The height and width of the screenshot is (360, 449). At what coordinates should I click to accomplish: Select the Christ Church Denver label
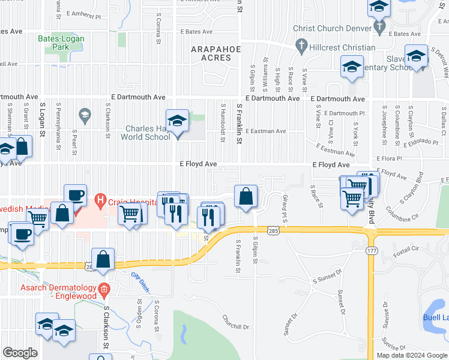click(332, 28)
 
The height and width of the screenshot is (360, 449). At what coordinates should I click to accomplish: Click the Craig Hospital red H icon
click(101, 199)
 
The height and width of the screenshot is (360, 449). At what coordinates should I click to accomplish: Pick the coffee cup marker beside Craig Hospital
click(76, 195)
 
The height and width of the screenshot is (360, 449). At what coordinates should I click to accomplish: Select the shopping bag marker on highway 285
click(103, 259)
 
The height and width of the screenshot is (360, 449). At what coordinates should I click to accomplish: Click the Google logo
click(20, 353)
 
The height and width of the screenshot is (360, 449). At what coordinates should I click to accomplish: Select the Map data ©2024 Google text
click(412, 355)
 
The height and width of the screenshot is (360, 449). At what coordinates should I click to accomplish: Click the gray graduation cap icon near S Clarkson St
click(85, 114)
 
